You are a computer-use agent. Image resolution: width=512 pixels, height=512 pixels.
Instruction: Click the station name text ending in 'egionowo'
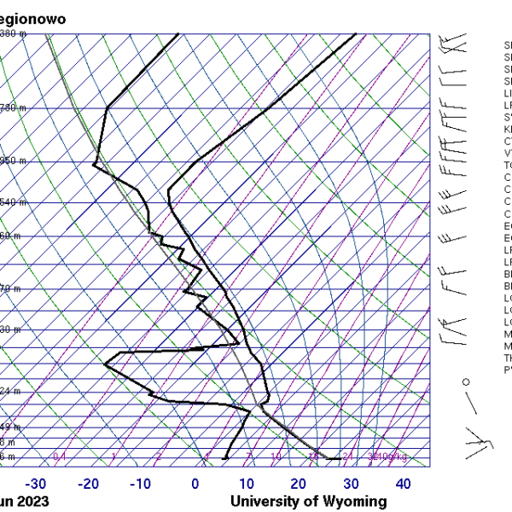[x=35, y=18]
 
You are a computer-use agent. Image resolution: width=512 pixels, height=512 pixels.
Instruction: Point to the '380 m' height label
[x=14, y=34]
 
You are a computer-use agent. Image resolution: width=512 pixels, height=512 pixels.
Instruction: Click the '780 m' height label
[x=14, y=108]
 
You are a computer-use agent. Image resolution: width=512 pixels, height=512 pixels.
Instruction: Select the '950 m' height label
[x=14, y=160]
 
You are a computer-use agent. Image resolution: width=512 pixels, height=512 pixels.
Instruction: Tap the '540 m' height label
[x=14, y=202]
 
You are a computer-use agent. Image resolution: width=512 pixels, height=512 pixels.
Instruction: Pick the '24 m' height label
[x=10, y=391]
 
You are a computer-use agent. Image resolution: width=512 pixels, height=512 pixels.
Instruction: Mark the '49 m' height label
[x=10, y=427]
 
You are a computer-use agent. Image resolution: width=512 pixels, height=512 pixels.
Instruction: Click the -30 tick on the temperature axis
[x=36, y=484]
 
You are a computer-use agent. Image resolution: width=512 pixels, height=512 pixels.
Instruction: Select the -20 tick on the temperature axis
[x=89, y=484]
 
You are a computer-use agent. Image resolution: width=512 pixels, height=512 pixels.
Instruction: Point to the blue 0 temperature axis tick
[x=195, y=484]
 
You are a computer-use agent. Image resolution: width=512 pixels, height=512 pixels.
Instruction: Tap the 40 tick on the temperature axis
[x=404, y=484]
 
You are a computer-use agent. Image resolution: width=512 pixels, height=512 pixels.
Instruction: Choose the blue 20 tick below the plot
[x=299, y=484]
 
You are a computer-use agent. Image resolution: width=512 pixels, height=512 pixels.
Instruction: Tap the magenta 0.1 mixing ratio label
[x=60, y=457]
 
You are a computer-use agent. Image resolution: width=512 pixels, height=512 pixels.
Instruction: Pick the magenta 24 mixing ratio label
[x=347, y=457]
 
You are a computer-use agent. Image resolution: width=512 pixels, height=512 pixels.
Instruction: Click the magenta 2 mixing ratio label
[x=158, y=457]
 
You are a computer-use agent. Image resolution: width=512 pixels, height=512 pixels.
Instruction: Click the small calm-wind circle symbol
[x=466, y=381]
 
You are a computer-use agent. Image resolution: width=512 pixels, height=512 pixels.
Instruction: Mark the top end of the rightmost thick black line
[x=355, y=35]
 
